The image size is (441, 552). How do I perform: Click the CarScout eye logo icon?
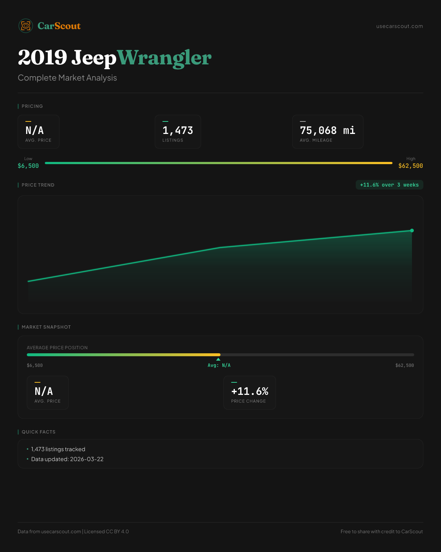[x=26, y=26]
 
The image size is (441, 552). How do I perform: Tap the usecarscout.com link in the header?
[x=399, y=26]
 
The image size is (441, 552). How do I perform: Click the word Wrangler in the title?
[x=164, y=58]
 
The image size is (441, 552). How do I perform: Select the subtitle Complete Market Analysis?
[x=67, y=78]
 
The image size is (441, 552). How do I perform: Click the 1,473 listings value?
[x=178, y=130]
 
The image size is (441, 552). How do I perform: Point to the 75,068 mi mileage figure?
[x=327, y=130]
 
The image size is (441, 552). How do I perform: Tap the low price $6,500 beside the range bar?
[x=28, y=166]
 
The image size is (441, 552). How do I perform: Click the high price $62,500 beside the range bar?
[x=410, y=166]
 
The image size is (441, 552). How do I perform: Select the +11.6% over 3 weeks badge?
[x=389, y=185]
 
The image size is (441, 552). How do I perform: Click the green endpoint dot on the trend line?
[x=412, y=230]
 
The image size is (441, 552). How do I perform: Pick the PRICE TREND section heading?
[x=38, y=185]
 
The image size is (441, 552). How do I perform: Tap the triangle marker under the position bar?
[x=218, y=359]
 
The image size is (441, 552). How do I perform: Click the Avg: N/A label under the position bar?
[x=219, y=365]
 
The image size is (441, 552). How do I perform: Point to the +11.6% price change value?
[x=250, y=391]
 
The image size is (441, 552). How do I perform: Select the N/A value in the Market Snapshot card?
[x=44, y=391]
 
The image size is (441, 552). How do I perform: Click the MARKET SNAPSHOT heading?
[x=46, y=327]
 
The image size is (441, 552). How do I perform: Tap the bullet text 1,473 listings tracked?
[x=58, y=449]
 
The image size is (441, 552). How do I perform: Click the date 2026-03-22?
[x=87, y=459]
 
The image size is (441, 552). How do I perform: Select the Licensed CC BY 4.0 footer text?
[x=107, y=531]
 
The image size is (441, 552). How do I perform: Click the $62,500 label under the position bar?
[x=404, y=365]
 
